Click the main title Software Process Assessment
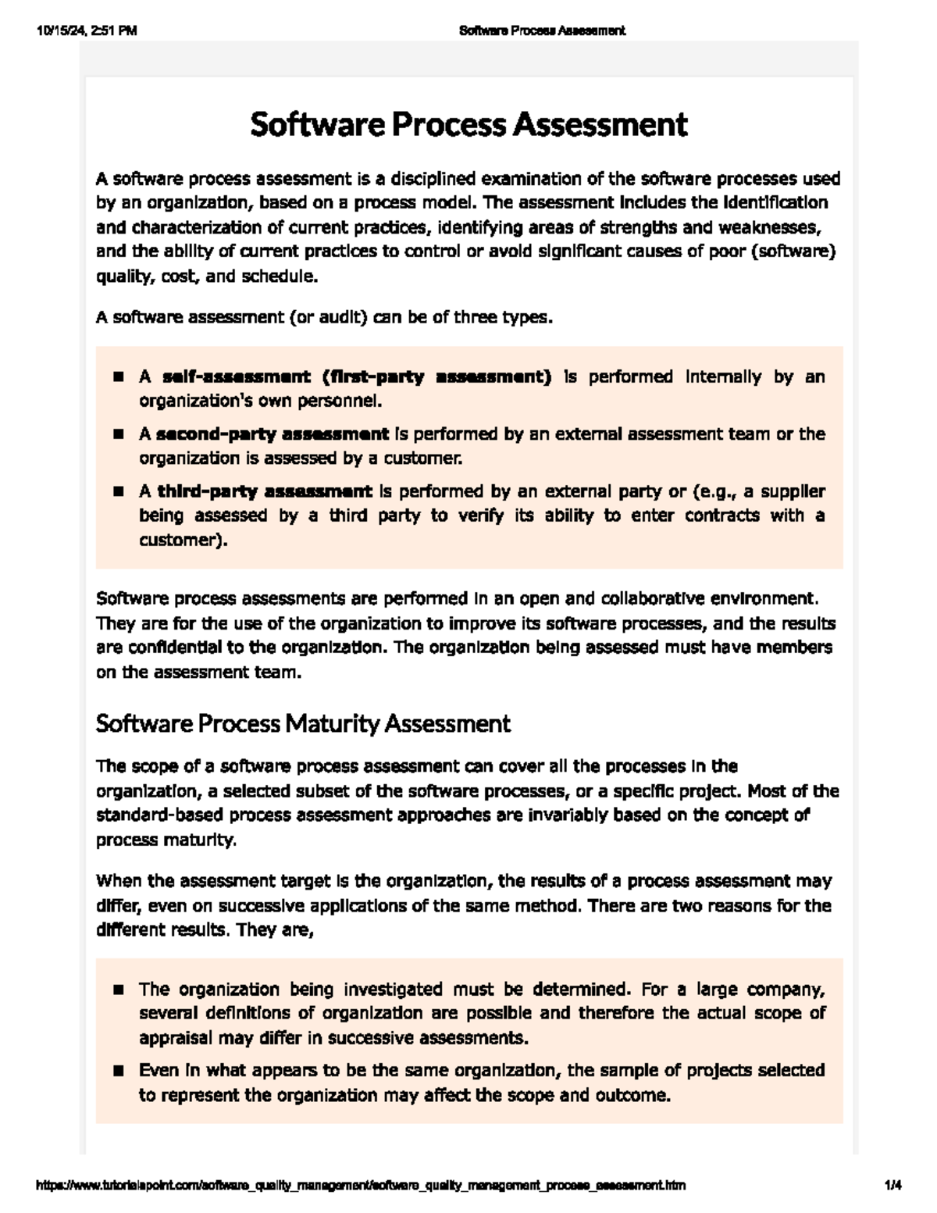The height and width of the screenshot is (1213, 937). pyautogui.click(x=468, y=125)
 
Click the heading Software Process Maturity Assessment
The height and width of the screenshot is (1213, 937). pyautogui.click(x=303, y=724)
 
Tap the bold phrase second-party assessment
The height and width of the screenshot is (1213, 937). pyautogui.click(x=273, y=434)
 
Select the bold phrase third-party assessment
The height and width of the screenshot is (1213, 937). pyautogui.click(x=265, y=492)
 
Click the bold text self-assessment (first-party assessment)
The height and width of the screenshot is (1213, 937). pyautogui.click(x=356, y=377)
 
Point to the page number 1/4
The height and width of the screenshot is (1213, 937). pyautogui.click(x=892, y=1186)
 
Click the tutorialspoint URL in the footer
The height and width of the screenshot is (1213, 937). pyautogui.click(x=362, y=1186)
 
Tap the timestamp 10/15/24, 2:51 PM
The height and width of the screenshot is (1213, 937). pyautogui.click(x=87, y=31)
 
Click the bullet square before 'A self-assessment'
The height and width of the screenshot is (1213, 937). pyautogui.click(x=119, y=377)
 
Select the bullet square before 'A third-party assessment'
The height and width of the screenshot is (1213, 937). pyautogui.click(x=119, y=492)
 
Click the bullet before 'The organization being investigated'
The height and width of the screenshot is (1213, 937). pyautogui.click(x=119, y=990)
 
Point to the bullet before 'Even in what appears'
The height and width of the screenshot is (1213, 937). pyautogui.click(x=119, y=1071)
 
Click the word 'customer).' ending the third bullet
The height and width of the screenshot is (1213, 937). pyautogui.click(x=183, y=540)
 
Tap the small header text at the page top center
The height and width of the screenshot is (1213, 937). pyautogui.click(x=542, y=31)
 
